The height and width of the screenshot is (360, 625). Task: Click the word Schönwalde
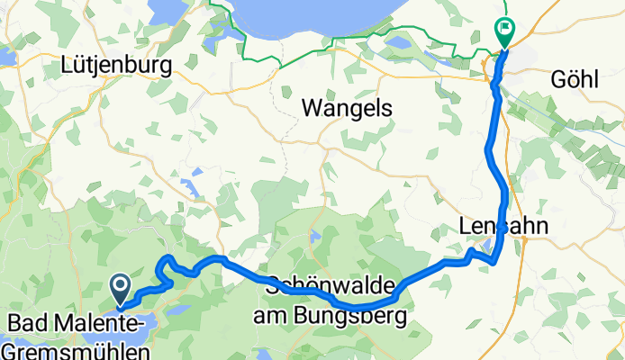[x=331, y=282]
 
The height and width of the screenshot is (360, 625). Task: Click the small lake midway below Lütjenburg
[x=190, y=188]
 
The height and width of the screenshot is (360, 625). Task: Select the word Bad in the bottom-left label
[x=27, y=322]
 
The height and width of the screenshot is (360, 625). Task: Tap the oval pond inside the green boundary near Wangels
[x=398, y=42]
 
